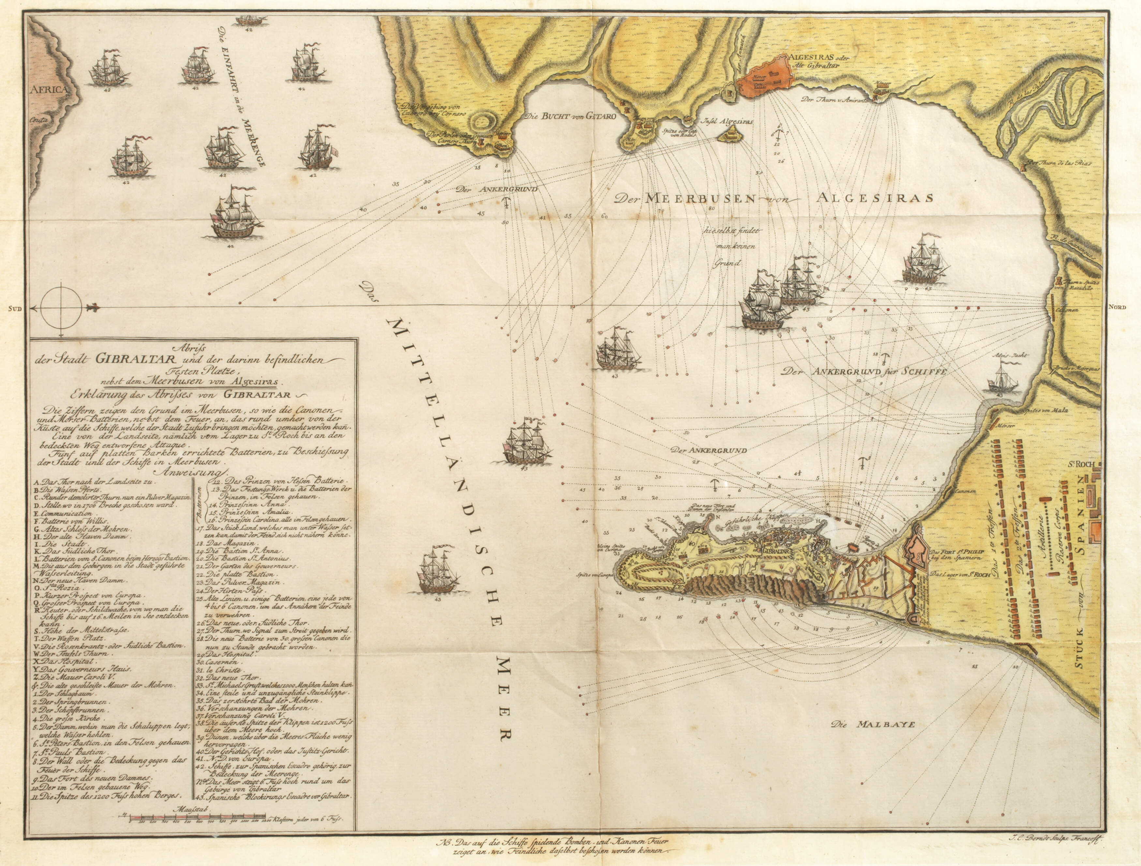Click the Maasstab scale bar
click(196, 832)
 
